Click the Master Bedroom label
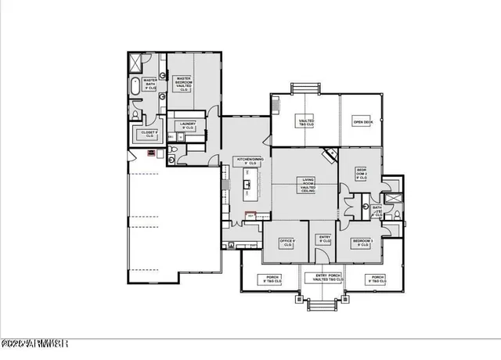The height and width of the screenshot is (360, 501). (x=184, y=84)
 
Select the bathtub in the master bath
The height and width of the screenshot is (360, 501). (x=136, y=85)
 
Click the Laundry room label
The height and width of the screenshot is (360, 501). (x=187, y=124)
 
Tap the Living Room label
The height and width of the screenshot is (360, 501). (x=308, y=187)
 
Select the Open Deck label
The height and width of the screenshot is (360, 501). (x=362, y=122)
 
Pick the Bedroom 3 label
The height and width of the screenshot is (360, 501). (x=362, y=242)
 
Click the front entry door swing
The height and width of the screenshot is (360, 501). (x=321, y=255)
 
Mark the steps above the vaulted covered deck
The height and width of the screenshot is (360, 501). (x=305, y=88)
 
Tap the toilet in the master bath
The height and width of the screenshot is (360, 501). (x=136, y=116)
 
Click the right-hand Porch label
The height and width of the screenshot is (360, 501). (x=377, y=278)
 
